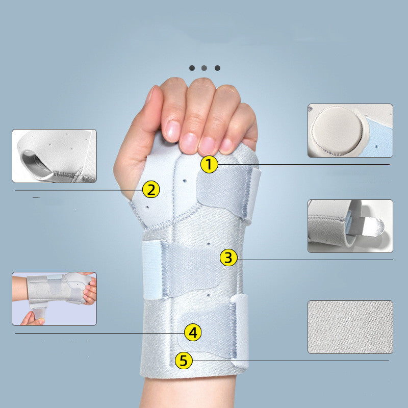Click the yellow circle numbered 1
pos(209,164)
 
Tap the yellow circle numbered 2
pos(150,190)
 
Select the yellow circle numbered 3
pos(229,258)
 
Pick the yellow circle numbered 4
pos(192,333)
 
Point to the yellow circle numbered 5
pos(184,361)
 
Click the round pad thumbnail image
pos(350,131)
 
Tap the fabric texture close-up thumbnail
pos(350,327)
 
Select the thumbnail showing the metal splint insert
pos(350,226)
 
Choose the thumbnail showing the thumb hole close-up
pos(54,156)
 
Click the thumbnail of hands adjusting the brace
pos(54,298)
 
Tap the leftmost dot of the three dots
pos(192,68)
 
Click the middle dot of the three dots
pos(205,68)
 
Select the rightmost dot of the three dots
pos(217,68)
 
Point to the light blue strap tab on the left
pos(151,270)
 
